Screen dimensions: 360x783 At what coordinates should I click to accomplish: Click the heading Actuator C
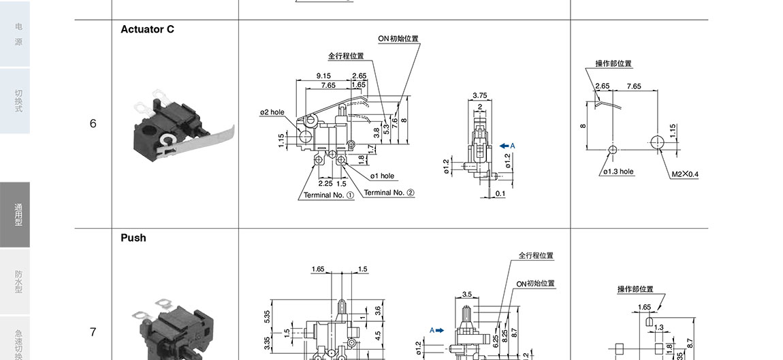[x=147, y=29]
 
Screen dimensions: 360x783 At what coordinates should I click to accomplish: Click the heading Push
[x=133, y=238]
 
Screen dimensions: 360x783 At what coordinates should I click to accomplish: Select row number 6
[x=93, y=124]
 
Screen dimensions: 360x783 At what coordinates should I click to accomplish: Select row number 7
[x=93, y=332]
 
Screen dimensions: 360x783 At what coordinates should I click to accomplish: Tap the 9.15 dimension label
[x=323, y=76]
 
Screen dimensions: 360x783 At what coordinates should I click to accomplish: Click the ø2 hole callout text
[x=272, y=112]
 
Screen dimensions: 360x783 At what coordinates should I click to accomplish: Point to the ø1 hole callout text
[x=382, y=176]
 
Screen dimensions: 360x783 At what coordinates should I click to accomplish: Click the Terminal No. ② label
[x=389, y=193]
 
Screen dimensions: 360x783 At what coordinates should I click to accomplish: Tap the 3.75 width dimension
[x=479, y=96]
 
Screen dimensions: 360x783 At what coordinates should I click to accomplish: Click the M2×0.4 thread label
[x=685, y=174]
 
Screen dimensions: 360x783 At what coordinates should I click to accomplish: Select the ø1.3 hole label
[x=618, y=171]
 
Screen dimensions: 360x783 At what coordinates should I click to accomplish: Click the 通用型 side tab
[x=18, y=215]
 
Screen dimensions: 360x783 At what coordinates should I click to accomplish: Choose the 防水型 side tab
[x=18, y=282]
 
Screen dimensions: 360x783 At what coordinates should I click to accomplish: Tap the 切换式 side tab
[x=18, y=101]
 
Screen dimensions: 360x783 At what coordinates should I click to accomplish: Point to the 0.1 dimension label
[x=500, y=194]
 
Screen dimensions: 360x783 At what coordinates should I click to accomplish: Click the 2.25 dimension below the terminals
[x=325, y=183]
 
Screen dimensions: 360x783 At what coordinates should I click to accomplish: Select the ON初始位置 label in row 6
[x=398, y=39]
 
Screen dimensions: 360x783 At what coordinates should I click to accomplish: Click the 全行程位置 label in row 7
[x=536, y=256]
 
